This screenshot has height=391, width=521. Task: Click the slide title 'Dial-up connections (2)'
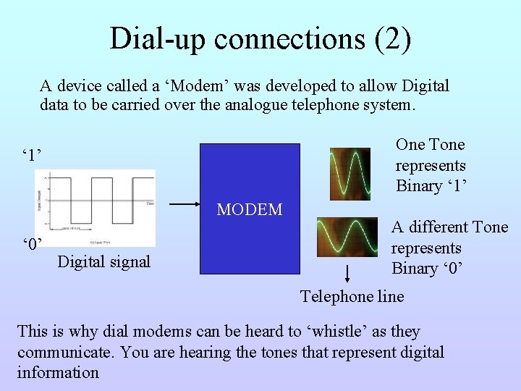260,38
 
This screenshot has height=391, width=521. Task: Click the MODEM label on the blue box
250,210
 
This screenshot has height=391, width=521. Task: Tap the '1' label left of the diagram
32,155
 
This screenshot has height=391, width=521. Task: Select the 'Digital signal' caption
103,261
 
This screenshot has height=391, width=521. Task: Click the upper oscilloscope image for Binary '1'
350,174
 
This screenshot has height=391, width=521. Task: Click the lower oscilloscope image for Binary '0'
348,236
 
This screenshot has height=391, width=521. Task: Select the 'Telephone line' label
352,296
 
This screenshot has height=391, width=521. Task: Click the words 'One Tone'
430,145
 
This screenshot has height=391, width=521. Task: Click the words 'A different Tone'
449,227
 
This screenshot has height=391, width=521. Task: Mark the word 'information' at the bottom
58,373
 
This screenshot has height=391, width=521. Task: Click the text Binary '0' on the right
427,269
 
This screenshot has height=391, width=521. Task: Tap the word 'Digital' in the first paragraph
423,86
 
